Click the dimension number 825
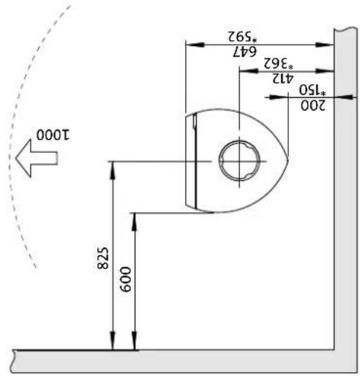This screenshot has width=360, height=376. [x=102, y=258]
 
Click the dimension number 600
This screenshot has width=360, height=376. [x=126, y=279]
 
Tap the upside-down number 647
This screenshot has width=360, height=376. [x=244, y=52]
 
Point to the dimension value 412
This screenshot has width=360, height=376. [x=282, y=78]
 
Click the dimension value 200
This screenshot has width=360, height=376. [x=313, y=105]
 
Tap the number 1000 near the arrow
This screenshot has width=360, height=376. [x=53, y=135]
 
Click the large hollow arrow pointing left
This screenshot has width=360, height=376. [x=37, y=158]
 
